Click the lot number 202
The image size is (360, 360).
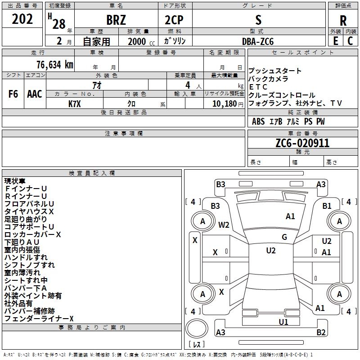pos(22,19)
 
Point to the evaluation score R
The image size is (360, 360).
pos(343,21)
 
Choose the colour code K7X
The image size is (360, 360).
pos(74,103)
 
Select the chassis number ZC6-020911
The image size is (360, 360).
pos(302,144)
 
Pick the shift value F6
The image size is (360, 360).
pos(13,94)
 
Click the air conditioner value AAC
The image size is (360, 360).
pos(35,94)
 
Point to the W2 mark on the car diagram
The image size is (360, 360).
pos(224,225)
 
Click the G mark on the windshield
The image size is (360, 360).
pos(284,237)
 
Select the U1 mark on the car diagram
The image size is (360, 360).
pos(283,322)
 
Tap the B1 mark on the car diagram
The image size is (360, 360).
pos(327,206)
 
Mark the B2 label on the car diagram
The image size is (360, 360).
pos(321,333)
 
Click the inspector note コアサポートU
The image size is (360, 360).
pos(29,227)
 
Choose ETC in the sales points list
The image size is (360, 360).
pos(258,87)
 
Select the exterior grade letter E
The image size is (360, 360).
pos(335,41)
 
